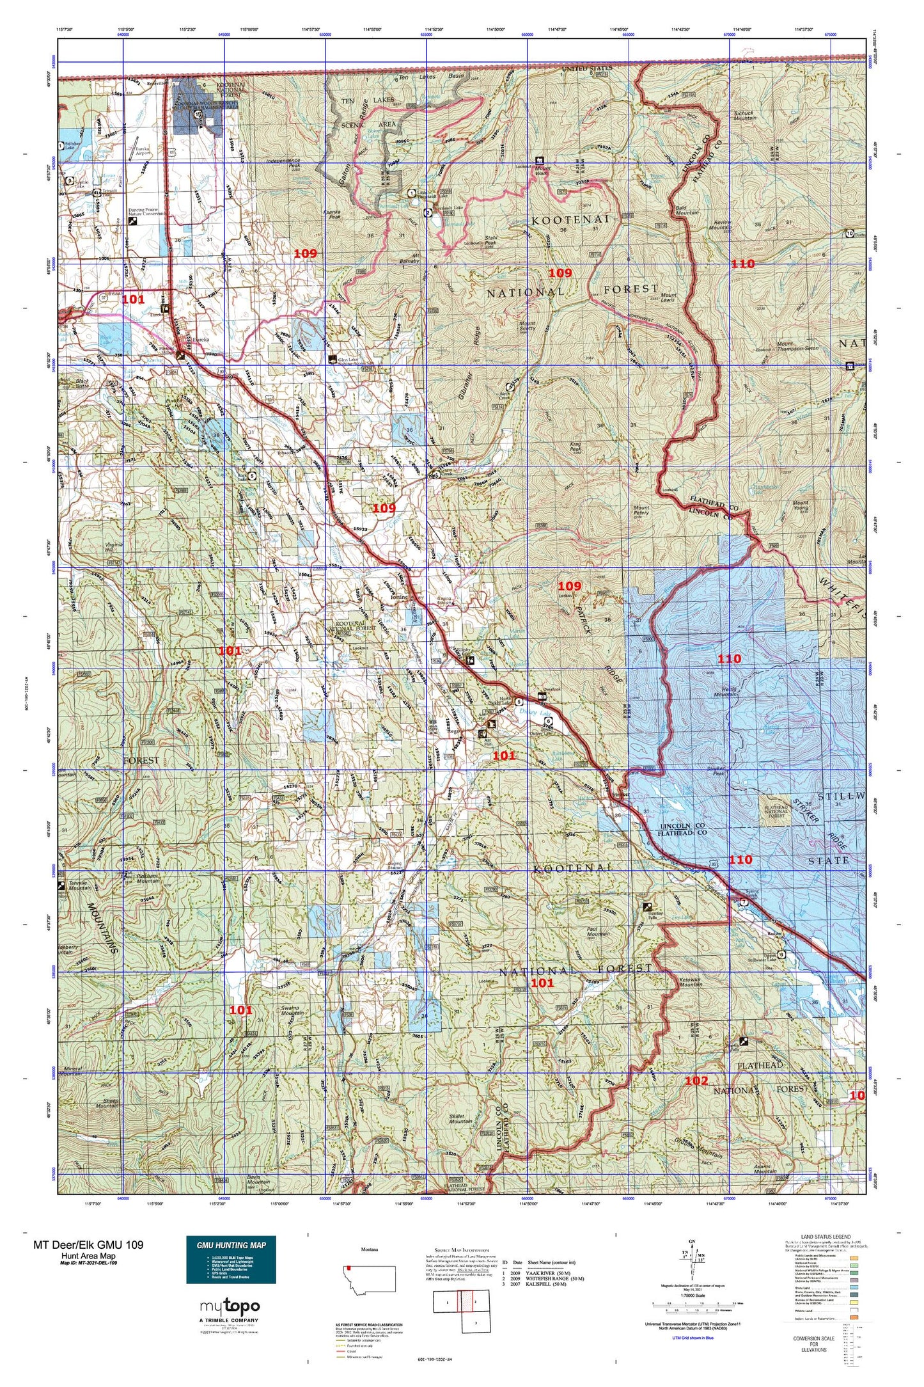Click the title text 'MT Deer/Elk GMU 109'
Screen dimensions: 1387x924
click(88, 1244)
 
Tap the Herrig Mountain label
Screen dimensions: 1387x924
click(724, 692)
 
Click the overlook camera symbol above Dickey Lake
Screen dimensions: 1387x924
click(542, 695)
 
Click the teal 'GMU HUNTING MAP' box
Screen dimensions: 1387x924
click(231, 1259)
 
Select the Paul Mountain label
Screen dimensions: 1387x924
click(598, 933)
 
